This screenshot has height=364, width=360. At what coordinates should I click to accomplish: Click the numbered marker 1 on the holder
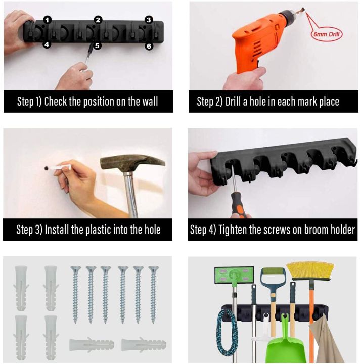[x=47, y=20]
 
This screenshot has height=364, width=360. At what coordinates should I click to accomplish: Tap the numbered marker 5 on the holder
[x=98, y=45]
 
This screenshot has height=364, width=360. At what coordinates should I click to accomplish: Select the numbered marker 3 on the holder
[x=148, y=20]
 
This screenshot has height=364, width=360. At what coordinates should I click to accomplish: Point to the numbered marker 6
[x=149, y=46]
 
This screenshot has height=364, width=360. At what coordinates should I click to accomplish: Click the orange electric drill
[x=253, y=43]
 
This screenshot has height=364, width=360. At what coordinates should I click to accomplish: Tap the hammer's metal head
[x=132, y=162]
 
